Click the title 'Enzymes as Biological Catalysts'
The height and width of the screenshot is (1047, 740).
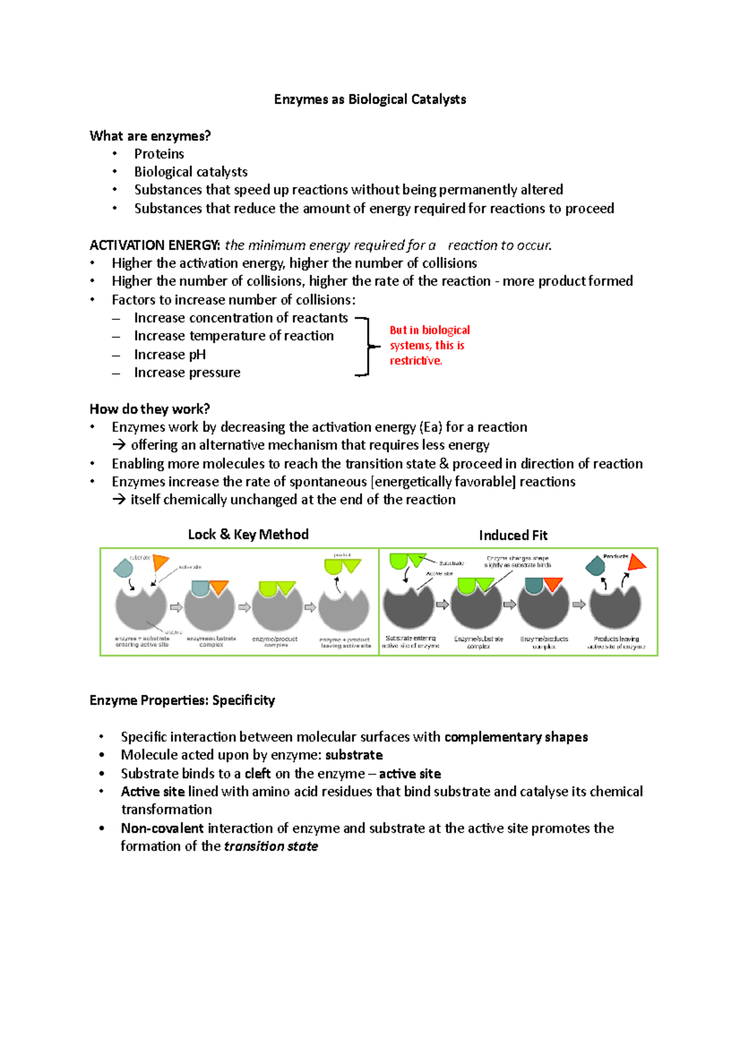pos(370,99)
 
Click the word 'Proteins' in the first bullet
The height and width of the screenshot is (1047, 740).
pos(159,154)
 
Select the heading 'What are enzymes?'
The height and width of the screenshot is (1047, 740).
pos(150,136)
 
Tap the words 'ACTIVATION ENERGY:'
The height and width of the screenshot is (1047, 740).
pos(154,245)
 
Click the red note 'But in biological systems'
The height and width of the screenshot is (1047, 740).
pos(429,345)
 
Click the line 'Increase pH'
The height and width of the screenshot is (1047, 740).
pos(170,355)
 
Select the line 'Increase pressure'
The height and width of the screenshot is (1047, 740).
pos(187,372)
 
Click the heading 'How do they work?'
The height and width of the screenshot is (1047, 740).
pos(149,409)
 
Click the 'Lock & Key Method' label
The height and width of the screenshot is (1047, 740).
pos(248,535)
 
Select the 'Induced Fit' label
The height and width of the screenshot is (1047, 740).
pos(512,535)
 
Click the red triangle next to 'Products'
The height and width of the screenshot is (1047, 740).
pos(636,562)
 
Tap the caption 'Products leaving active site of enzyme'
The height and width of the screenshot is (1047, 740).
pos(616,643)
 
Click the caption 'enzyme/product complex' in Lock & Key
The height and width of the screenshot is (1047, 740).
pos(275,642)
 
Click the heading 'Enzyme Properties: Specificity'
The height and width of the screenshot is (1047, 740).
pos(182,700)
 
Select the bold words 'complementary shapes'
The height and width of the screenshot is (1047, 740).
pos(516,737)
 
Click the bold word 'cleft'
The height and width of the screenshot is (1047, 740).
pos(257,773)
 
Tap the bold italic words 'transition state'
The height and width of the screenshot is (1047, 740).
pos(271,846)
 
